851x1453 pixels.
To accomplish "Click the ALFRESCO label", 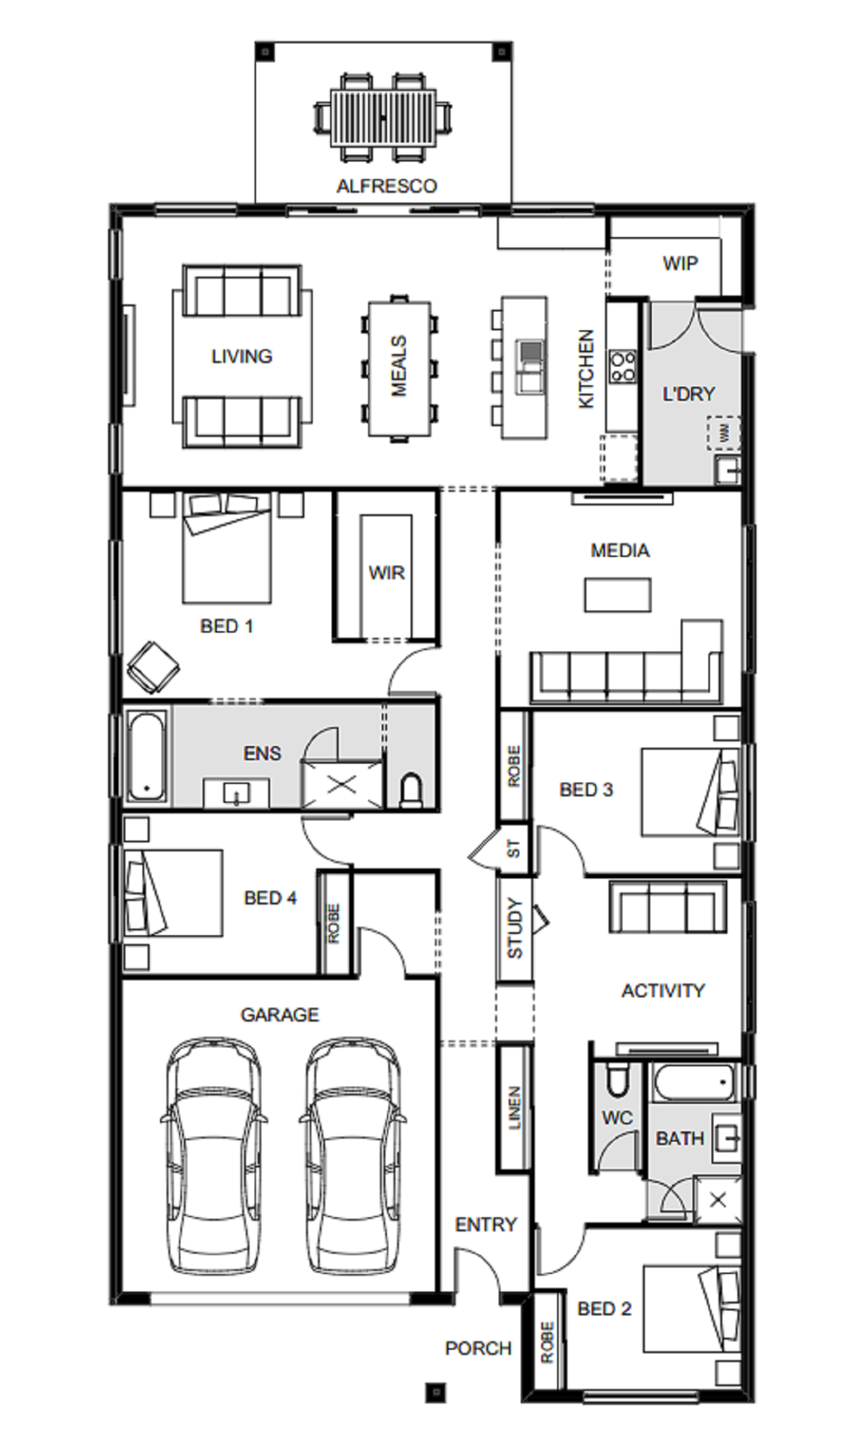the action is coord(386,186).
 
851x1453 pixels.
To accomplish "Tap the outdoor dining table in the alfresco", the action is coord(383,118).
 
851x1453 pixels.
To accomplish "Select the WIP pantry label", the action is coord(680,263).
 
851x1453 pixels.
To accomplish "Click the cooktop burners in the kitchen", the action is coord(622,367).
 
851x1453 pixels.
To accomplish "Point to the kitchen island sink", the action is coord(530,367).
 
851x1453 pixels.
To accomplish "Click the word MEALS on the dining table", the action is coord(399,366).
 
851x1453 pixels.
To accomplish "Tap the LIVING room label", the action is coord(242,356).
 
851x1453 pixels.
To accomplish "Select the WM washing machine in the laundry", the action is coord(723,433).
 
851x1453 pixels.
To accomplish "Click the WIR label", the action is coord(386,573).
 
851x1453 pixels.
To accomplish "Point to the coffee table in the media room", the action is coord(618,595).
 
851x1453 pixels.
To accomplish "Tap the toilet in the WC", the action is coord(618,1079).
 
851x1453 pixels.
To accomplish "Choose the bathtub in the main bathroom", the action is coord(694,1082).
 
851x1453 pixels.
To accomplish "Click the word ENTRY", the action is coord(486,1224).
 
